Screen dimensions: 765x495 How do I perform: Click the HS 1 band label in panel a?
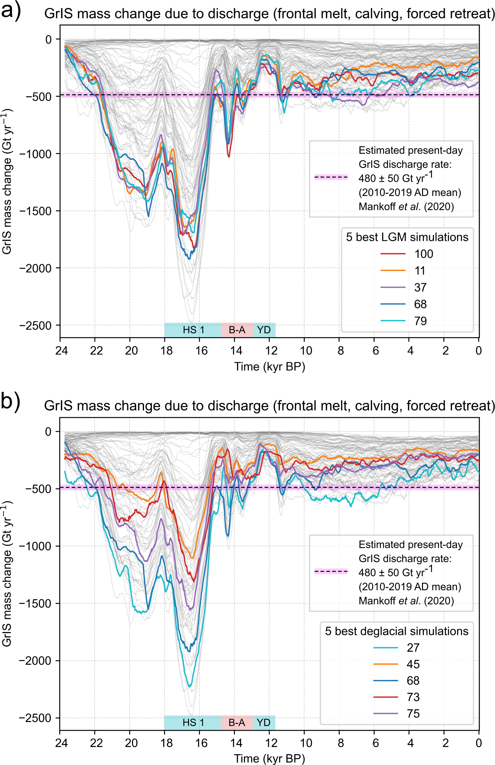[193, 330]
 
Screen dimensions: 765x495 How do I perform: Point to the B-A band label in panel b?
[237, 722]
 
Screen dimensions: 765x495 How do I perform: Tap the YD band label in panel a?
[264, 330]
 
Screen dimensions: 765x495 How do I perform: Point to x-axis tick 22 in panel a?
[96, 351]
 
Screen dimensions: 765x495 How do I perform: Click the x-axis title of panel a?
[269, 366]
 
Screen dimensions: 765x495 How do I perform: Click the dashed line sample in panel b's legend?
[331, 571]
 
